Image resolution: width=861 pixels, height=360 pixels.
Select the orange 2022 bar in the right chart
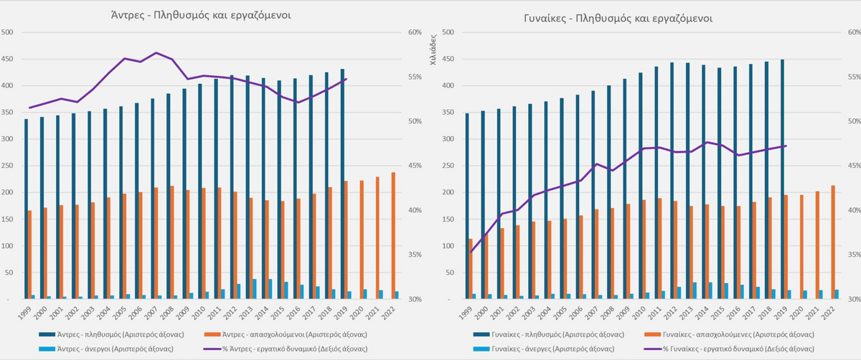coord(832,242)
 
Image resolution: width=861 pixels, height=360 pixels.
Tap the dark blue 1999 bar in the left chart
coord(27,209)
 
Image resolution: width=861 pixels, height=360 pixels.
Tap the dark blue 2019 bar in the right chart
coord(781,179)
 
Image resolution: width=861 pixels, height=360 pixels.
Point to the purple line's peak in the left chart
coord(156,53)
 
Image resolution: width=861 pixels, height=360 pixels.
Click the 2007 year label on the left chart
coord(152,311)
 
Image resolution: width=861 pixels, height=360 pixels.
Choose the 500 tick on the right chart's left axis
coord(446,32)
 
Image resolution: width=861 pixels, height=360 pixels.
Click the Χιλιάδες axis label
coord(433,50)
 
